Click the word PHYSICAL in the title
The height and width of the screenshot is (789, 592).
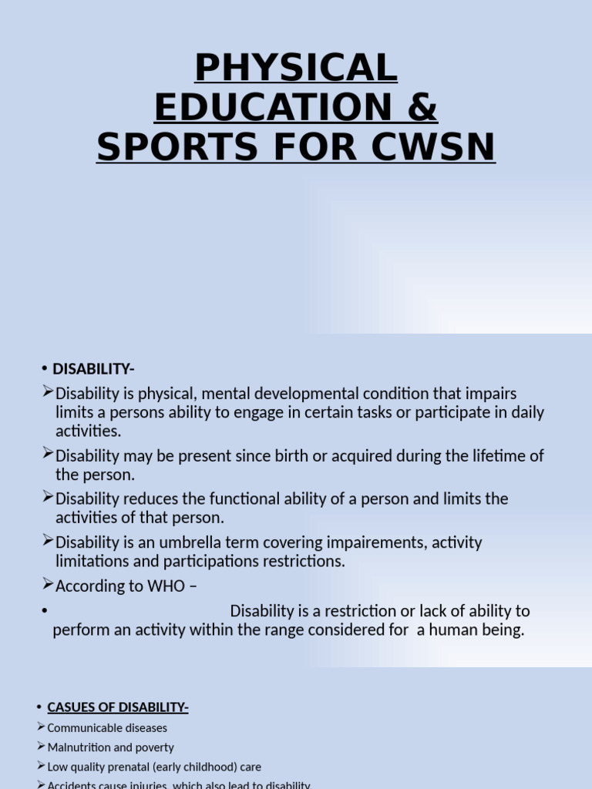pos(296,69)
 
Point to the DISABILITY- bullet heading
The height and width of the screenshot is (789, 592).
pos(93,369)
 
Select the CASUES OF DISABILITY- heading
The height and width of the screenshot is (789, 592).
pos(118,707)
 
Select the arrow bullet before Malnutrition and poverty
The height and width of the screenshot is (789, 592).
pos(41,746)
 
